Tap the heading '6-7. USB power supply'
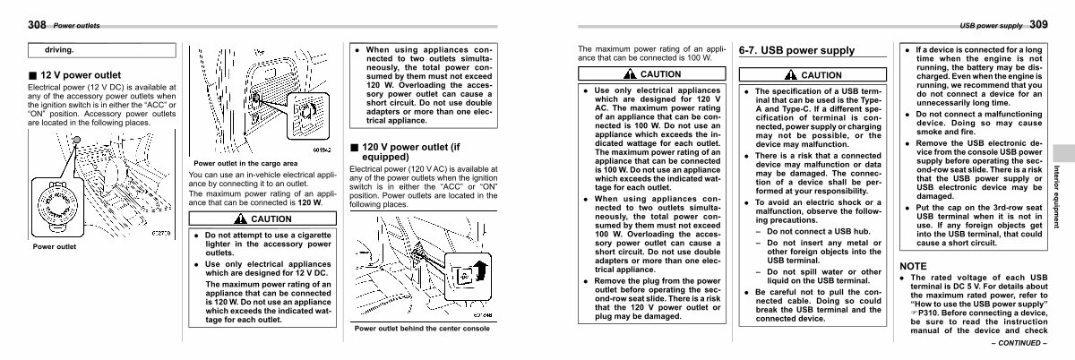coord(796,51)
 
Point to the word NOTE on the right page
coord(913,266)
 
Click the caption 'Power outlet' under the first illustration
coord(54,246)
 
